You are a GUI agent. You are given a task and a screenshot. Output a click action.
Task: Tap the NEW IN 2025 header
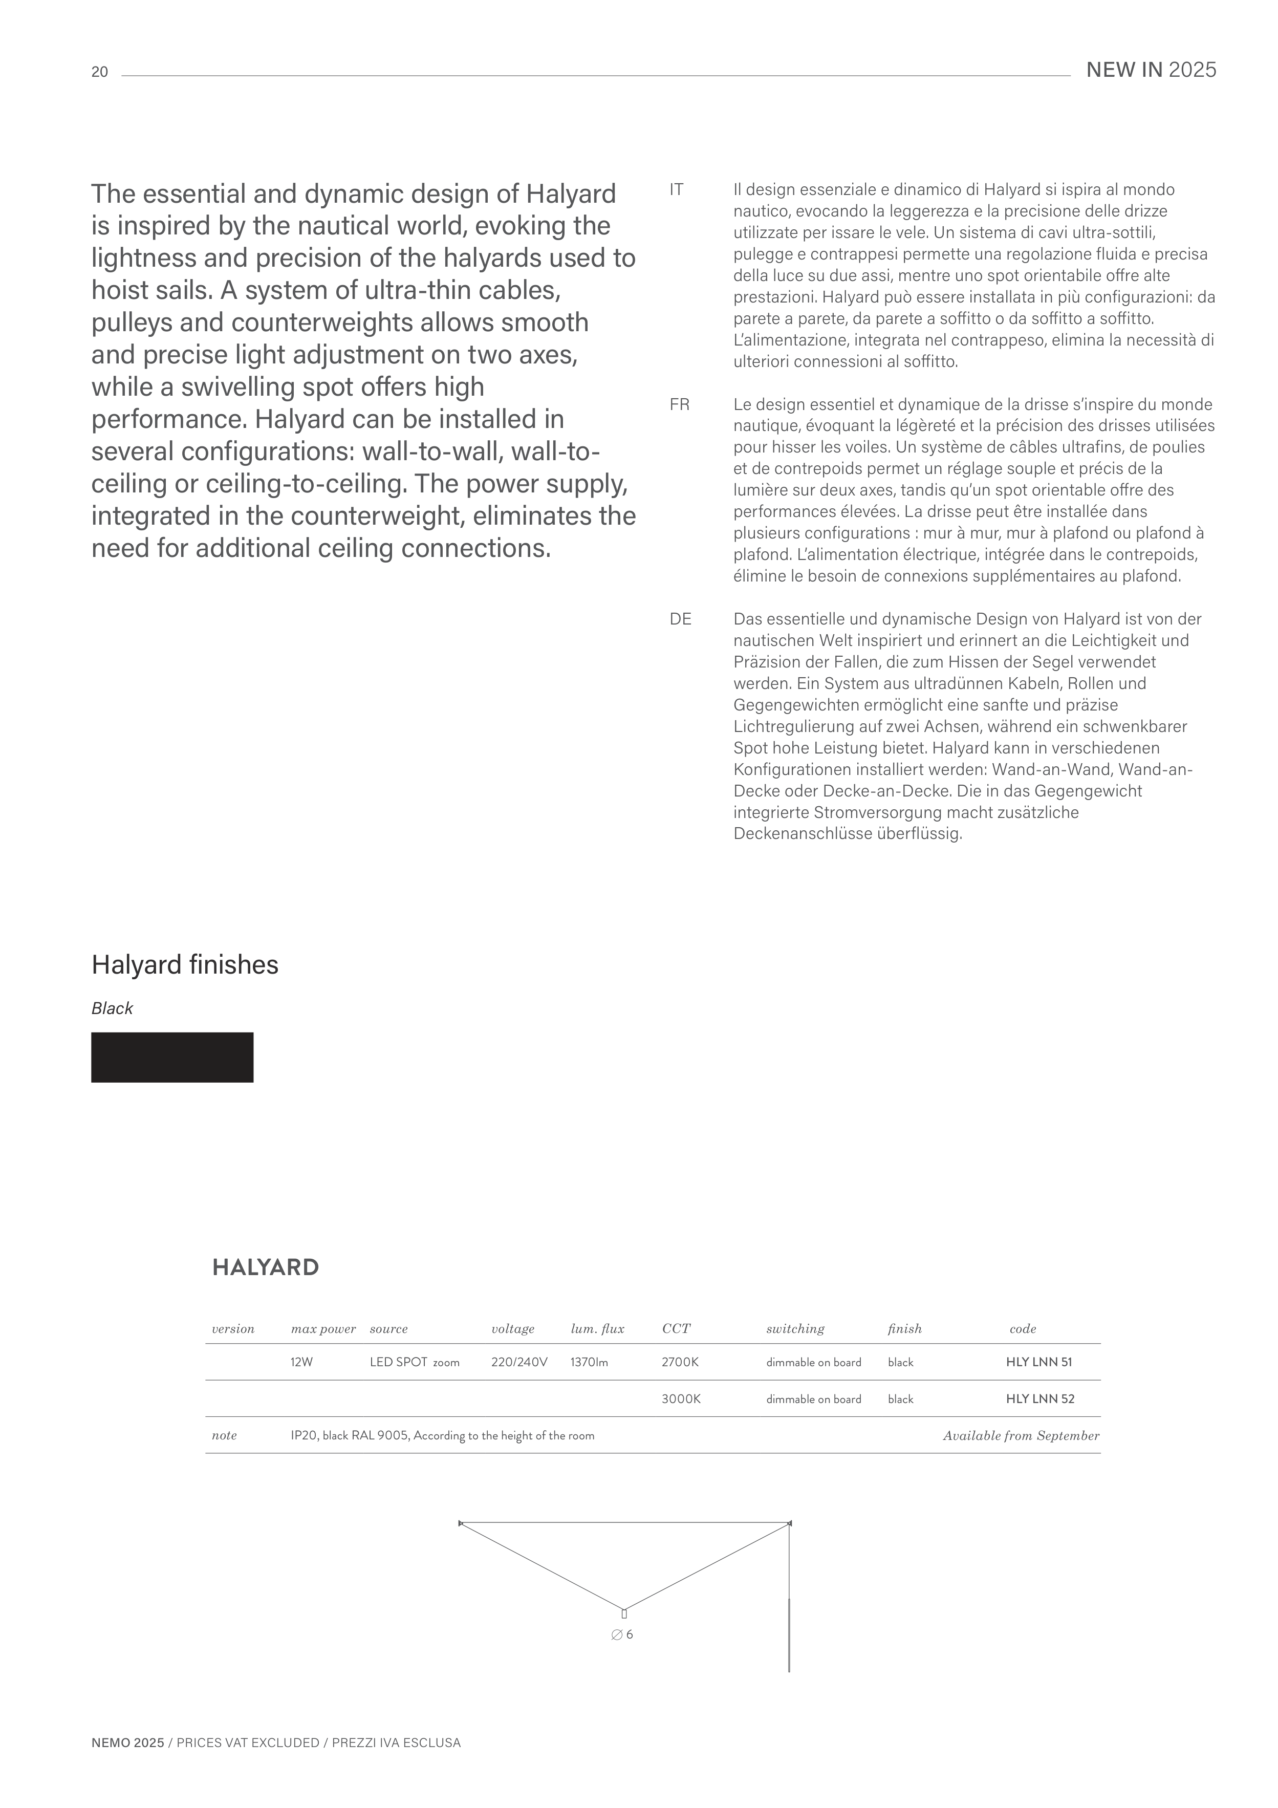pos(1151,70)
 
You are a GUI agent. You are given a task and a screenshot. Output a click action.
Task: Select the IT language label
pos(677,190)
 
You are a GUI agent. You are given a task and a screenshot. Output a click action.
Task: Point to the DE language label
pos(680,620)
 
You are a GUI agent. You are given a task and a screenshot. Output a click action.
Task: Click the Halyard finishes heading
pos(185,964)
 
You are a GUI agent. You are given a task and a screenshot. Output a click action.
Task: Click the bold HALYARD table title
pos(265,1268)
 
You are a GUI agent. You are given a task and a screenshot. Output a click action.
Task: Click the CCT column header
pos(676,1329)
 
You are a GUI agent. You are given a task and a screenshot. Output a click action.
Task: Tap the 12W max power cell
pos(301,1362)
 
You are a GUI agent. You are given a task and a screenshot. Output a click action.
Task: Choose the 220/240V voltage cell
pos(519,1362)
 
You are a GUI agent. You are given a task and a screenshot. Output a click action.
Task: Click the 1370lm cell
pos(589,1362)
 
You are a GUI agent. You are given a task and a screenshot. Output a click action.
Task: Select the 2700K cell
pos(680,1362)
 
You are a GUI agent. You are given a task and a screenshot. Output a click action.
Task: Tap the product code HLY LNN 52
pos(1039,1400)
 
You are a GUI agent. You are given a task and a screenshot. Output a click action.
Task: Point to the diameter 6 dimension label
pos(622,1635)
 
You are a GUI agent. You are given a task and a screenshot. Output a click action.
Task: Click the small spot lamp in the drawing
pos(623,1613)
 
